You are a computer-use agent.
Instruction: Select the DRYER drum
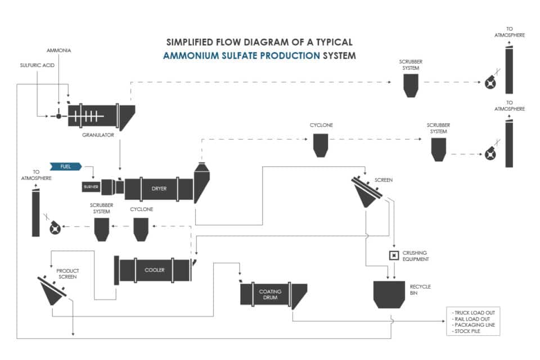(159, 188)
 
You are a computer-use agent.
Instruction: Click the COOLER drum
(154, 270)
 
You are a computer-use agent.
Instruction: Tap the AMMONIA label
(58, 51)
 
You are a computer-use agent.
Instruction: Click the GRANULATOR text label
(98, 135)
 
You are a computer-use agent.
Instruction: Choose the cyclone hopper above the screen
(321, 146)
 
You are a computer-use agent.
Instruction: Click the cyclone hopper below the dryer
(140, 229)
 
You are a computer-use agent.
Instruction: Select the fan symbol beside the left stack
(55, 227)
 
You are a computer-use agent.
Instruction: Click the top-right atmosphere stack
(509, 70)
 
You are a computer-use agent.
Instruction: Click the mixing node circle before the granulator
(58, 116)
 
